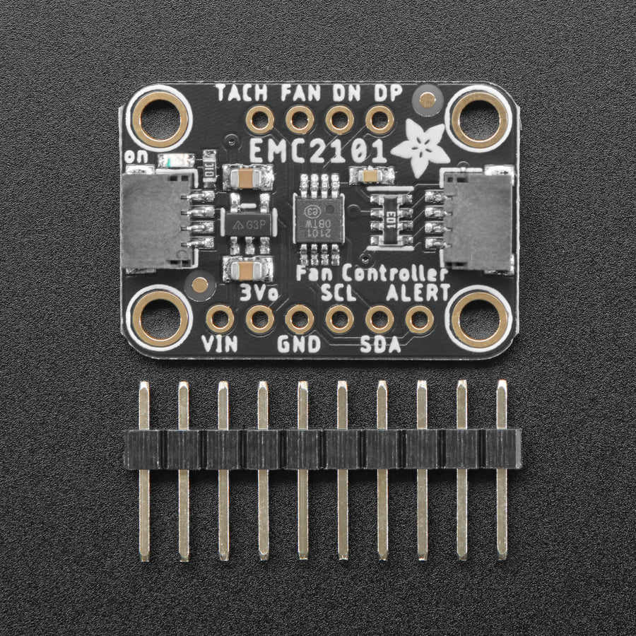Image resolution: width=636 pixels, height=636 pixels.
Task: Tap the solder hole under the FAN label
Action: tap(300, 119)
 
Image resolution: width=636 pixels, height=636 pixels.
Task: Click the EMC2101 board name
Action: tap(318, 151)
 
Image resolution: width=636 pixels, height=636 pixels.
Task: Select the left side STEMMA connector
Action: tap(154, 221)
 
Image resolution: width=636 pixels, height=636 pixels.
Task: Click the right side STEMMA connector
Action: tap(479, 221)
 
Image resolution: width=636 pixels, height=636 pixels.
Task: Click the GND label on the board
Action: tap(298, 344)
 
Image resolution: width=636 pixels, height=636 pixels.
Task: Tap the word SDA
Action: tap(380, 344)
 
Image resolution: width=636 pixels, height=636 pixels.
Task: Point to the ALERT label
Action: tap(418, 293)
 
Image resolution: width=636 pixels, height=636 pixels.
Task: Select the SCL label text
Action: tap(338, 293)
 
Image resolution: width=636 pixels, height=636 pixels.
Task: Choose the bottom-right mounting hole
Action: tap(480, 318)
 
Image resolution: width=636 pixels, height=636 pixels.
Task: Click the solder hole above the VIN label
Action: tap(220, 319)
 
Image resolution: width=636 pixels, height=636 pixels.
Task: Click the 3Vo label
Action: tap(259, 293)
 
